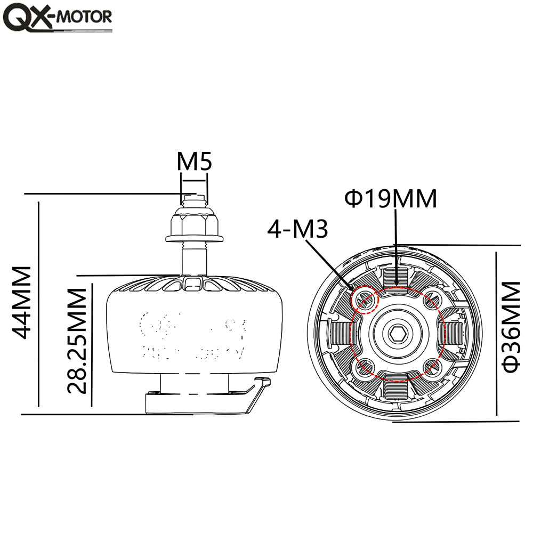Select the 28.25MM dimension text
point(77,340)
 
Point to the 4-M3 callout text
point(297,229)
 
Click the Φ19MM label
point(391,199)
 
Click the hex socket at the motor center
point(397,334)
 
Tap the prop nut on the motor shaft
point(193,224)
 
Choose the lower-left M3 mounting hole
point(365,367)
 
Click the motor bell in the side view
point(193,330)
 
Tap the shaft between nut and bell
point(194,259)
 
